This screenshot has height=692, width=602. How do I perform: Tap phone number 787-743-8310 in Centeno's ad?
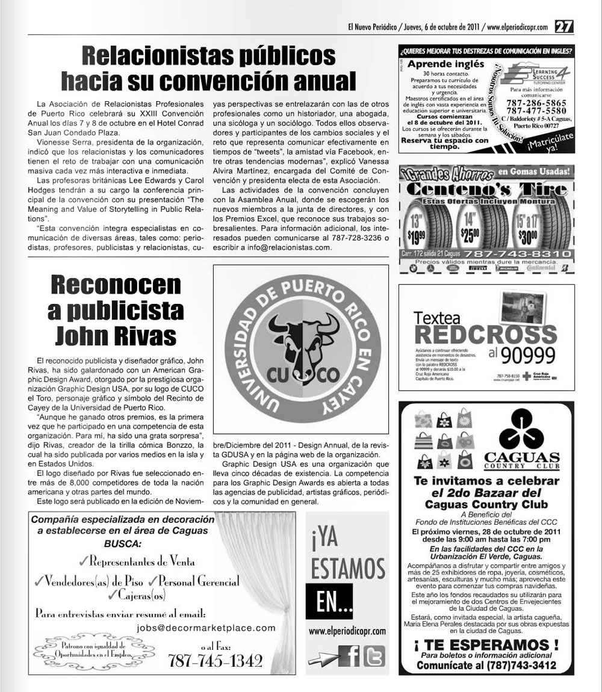513,254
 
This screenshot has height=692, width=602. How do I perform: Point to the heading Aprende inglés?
445,65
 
